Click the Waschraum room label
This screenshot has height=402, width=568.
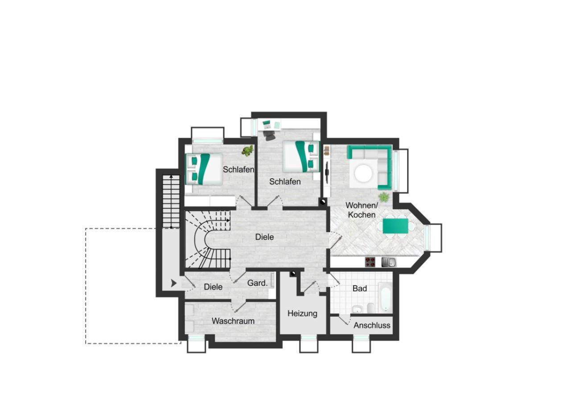(233, 321)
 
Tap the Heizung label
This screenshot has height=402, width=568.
(302, 313)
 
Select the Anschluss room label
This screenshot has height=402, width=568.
(372, 325)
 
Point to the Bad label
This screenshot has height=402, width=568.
(359, 289)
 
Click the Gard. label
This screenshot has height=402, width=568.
(257, 283)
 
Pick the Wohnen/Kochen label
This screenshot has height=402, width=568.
(362, 210)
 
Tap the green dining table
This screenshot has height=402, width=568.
(395, 226)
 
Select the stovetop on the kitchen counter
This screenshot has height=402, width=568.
(370, 262)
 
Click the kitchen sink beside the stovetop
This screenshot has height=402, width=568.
(386, 262)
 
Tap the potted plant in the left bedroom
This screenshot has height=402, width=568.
(247, 151)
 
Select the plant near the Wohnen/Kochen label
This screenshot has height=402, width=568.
(383, 197)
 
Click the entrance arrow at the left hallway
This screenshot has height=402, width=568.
(173, 283)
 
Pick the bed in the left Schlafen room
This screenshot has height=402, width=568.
(205, 168)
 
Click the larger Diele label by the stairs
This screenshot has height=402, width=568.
(264, 237)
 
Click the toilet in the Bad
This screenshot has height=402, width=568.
(370, 308)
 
